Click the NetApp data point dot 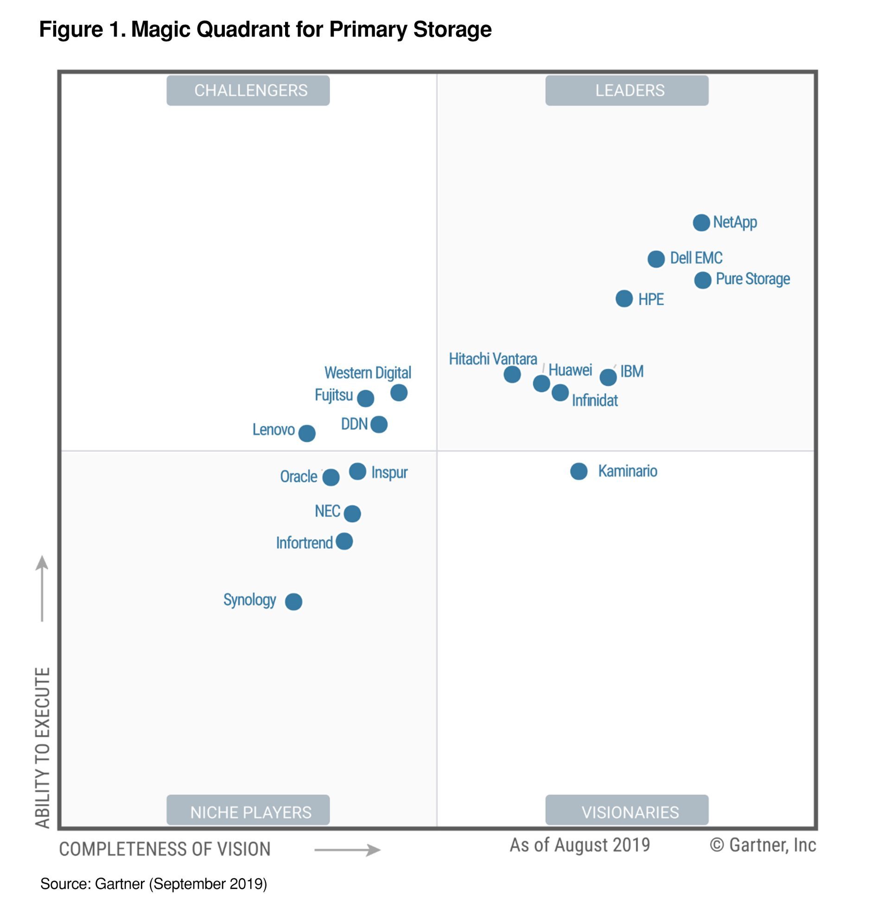pos(701,223)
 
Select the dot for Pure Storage pos(703,280)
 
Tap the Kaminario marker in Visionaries pos(578,471)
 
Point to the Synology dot pos(293,602)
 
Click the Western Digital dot pos(399,393)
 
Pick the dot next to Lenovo pos(307,433)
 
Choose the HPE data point pos(624,299)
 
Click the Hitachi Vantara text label pos(493,359)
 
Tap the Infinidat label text pos(595,401)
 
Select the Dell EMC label pos(696,258)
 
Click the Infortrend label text pos(304,543)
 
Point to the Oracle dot pos(331,477)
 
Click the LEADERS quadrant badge pos(626,90)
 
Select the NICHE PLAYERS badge pos(248,812)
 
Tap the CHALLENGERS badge pos(248,90)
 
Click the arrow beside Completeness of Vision pos(347,850)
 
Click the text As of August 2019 pos(579,845)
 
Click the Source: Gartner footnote pos(153,884)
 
